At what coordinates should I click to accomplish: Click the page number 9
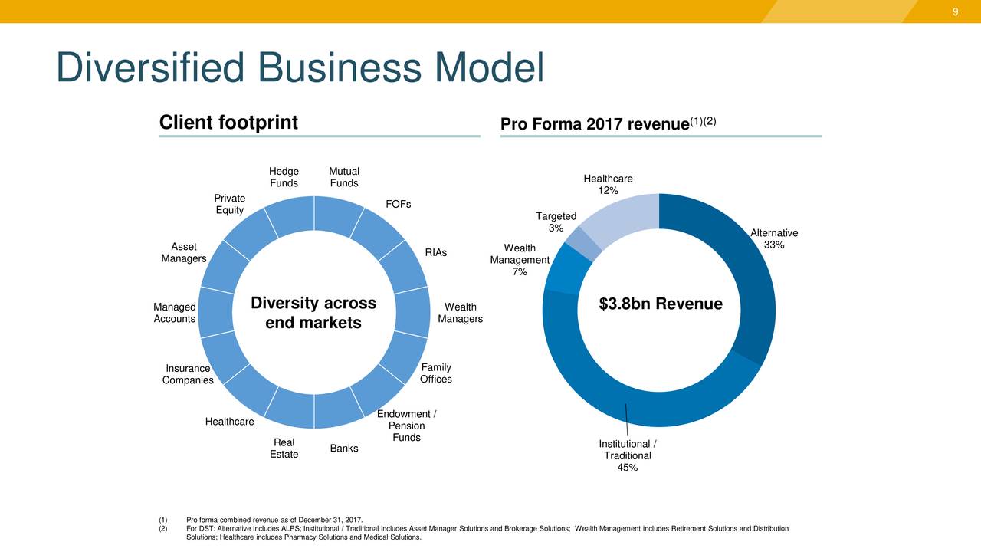[956, 11]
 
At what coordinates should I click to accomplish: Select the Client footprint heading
[228, 123]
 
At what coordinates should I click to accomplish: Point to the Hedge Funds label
[284, 177]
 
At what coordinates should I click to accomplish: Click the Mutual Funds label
[344, 177]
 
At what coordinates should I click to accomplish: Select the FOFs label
[399, 204]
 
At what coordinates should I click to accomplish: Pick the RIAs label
[436, 253]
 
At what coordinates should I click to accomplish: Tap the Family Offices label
[436, 373]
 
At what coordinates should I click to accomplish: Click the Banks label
[344, 448]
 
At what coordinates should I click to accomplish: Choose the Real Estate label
[284, 449]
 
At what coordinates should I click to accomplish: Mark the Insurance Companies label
[188, 375]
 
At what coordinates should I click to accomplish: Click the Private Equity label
[230, 205]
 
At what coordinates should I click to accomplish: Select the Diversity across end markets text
[313, 313]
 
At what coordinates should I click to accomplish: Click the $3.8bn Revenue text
[660, 304]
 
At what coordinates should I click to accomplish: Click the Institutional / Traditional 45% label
[628, 456]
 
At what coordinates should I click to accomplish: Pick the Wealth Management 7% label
[520, 260]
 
